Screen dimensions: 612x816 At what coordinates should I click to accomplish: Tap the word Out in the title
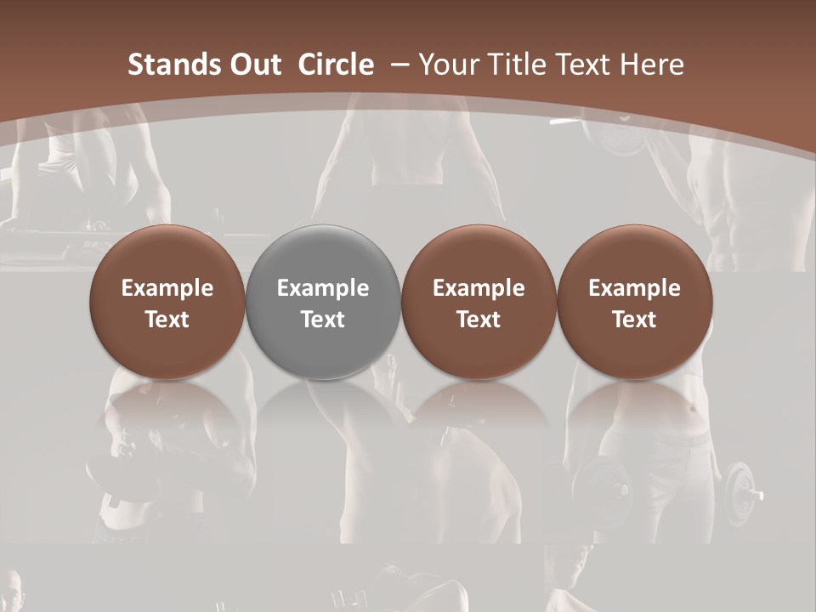click(250, 65)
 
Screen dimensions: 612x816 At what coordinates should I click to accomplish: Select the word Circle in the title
click(336, 65)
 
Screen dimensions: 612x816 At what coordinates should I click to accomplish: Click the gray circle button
click(322, 302)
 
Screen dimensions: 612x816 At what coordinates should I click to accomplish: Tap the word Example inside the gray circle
click(323, 288)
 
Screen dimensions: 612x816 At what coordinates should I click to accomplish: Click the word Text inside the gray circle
click(323, 320)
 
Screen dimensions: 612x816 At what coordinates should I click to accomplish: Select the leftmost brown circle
click(167, 302)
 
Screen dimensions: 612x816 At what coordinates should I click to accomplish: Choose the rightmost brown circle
click(634, 302)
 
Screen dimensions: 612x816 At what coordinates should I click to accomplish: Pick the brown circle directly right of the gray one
click(479, 302)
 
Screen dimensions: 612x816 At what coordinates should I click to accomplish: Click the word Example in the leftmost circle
click(167, 288)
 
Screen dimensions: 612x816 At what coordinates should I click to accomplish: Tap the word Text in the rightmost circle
click(634, 320)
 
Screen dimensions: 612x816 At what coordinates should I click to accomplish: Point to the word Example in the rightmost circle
click(634, 288)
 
